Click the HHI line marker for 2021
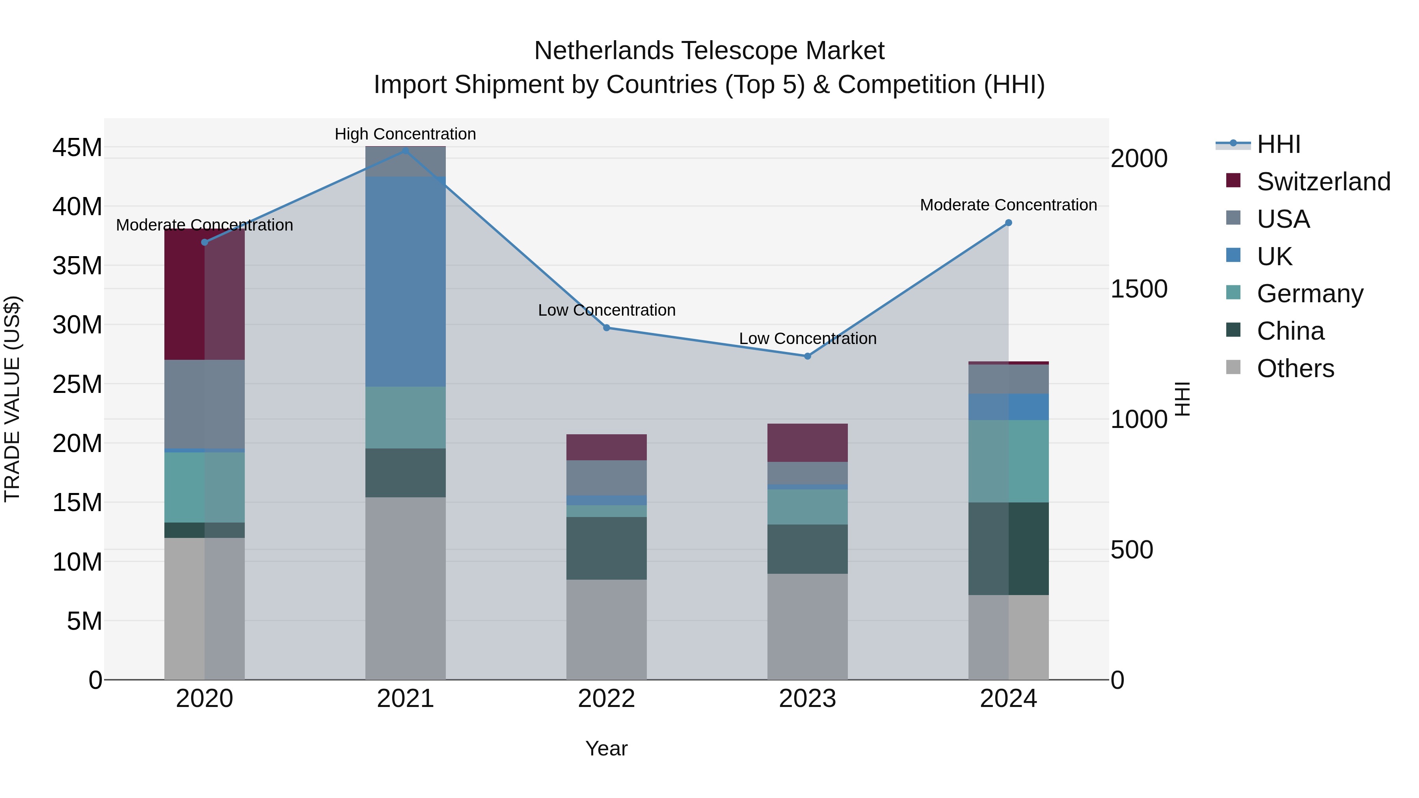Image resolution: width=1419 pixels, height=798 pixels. coord(406,151)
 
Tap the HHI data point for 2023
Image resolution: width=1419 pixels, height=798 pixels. coord(808,356)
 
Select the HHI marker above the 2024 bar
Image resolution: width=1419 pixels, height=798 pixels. coord(1009,223)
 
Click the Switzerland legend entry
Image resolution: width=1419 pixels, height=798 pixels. coord(1324,182)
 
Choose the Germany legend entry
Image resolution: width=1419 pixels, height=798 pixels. coord(1310,294)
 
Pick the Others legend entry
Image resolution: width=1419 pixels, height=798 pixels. coord(1295,368)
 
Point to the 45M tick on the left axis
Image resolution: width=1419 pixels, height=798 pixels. coord(77,148)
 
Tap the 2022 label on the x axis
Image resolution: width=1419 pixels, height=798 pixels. coord(607,699)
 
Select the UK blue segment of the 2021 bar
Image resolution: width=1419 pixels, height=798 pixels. coord(406,281)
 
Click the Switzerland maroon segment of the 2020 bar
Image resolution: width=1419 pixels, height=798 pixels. coord(204,295)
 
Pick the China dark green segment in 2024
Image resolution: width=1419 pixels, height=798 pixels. coord(1009,549)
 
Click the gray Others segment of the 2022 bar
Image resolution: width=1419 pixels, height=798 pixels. coord(607,629)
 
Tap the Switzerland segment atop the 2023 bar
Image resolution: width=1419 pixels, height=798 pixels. coord(808,443)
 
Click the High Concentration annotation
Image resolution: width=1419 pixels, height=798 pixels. coord(406,134)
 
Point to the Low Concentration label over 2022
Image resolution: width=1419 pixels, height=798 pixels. coord(607,310)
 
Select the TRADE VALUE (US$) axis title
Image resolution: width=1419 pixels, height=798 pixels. coord(12,399)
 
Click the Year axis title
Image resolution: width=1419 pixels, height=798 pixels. coord(607,748)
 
